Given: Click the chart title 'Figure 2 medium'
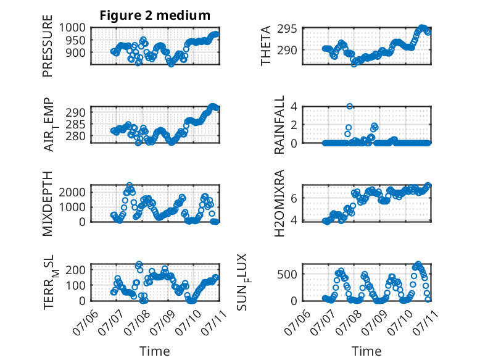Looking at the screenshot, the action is [x=155, y=15].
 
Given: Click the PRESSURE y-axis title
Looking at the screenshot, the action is [x=48, y=46].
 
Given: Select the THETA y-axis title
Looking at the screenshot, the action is [x=266, y=46].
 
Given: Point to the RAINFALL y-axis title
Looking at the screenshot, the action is [x=279, y=124].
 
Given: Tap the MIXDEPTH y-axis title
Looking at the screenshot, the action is [x=48, y=203].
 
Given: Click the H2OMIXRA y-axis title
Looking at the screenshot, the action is [x=279, y=203].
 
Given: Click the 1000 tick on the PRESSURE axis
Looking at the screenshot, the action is [x=72, y=28].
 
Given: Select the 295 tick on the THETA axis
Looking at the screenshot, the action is [x=287, y=29].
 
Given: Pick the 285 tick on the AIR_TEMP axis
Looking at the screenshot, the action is [x=76, y=124].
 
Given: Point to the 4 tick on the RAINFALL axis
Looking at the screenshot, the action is [x=294, y=106].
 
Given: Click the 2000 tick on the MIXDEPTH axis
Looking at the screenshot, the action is [x=72, y=192].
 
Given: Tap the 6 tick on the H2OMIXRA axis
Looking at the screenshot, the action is [x=294, y=198].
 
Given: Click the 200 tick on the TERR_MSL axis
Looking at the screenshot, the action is [x=76, y=270].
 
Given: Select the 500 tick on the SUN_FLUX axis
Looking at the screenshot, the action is [x=287, y=274].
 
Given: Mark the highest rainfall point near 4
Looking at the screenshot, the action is [x=350, y=106].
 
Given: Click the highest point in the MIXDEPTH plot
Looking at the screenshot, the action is [x=130, y=185].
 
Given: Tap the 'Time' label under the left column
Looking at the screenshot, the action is [x=155, y=351].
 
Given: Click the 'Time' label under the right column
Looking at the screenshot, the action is [x=366, y=351].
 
